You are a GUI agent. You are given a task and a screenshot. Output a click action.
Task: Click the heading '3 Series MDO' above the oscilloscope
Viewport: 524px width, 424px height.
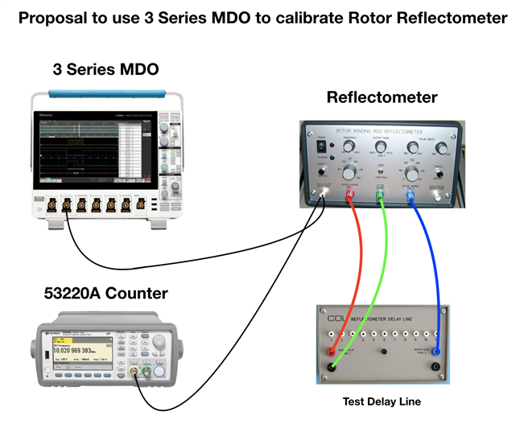(x=105, y=70)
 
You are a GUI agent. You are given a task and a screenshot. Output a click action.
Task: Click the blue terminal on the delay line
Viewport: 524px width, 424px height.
(x=436, y=352)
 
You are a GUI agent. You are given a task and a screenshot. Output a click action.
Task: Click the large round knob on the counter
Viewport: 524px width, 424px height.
(x=159, y=347)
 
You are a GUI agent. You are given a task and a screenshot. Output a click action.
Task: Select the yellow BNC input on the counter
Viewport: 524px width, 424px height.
(x=132, y=373)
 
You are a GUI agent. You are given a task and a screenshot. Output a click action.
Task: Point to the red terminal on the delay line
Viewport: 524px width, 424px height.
(x=331, y=352)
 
